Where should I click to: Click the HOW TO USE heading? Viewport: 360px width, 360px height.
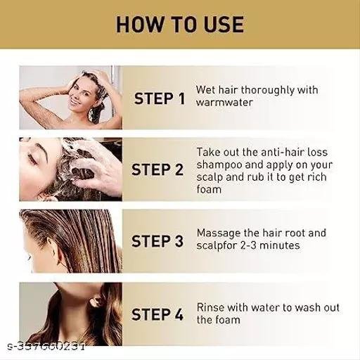click(180, 25)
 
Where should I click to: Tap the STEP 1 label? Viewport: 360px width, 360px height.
click(160, 98)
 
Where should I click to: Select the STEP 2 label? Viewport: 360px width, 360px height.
click(157, 169)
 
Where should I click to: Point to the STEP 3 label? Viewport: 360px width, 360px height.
click(157, 241)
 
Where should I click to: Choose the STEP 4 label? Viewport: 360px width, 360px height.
click(157, 314)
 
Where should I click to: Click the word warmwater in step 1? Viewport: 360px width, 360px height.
click(224, 103)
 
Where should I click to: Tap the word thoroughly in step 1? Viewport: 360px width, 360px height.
click(267, 91)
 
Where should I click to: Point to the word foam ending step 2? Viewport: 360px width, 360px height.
click(209, 189)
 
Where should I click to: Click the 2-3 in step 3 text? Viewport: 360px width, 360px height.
click(249, 245)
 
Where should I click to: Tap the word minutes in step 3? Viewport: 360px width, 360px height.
click(280, 245)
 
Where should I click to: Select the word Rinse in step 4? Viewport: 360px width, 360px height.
click(210, 307)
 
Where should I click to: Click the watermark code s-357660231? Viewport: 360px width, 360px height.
click(46, 347)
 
